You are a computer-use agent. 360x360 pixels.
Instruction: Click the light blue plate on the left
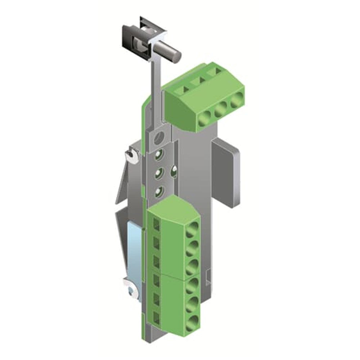pos(134,248)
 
